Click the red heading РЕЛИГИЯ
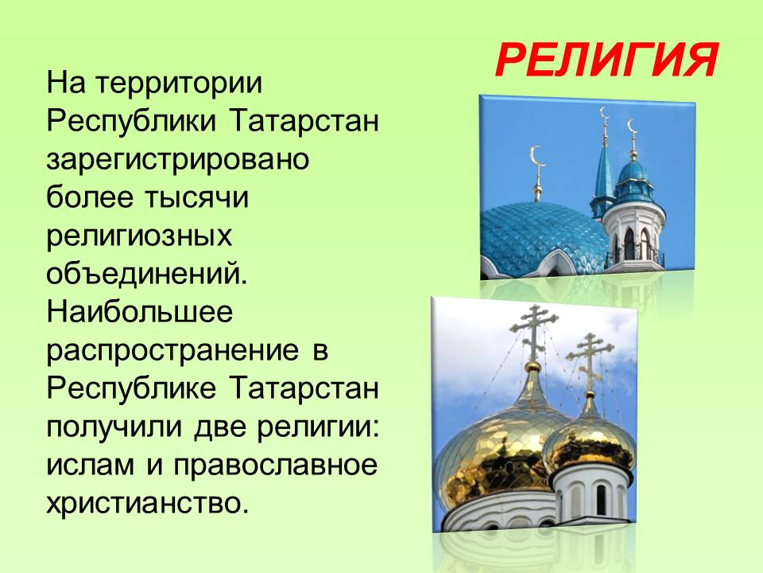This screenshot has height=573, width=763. click(x=606, y=60)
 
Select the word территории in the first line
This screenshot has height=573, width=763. click(x=179, y=84)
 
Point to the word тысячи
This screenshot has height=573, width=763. click(x=196, y=198)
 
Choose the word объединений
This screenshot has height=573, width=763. click(x=147, y=274)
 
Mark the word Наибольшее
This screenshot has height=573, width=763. click(x=140, y=312)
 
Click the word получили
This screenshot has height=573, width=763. click(x=114, y=427)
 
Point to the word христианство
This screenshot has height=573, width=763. click(x=148, y=502)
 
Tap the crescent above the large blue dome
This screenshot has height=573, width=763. click(x=536, y=157)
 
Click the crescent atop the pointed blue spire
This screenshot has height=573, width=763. click(x=604, y=114)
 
